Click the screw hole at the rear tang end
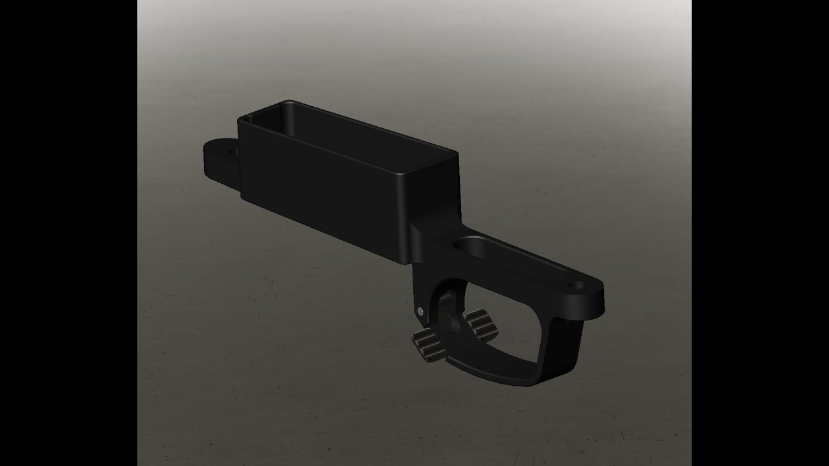(x=575, y=283)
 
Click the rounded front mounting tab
(x=217, y=159)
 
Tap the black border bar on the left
(x=68, y=233)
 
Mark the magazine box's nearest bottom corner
(x=406, y=263)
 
